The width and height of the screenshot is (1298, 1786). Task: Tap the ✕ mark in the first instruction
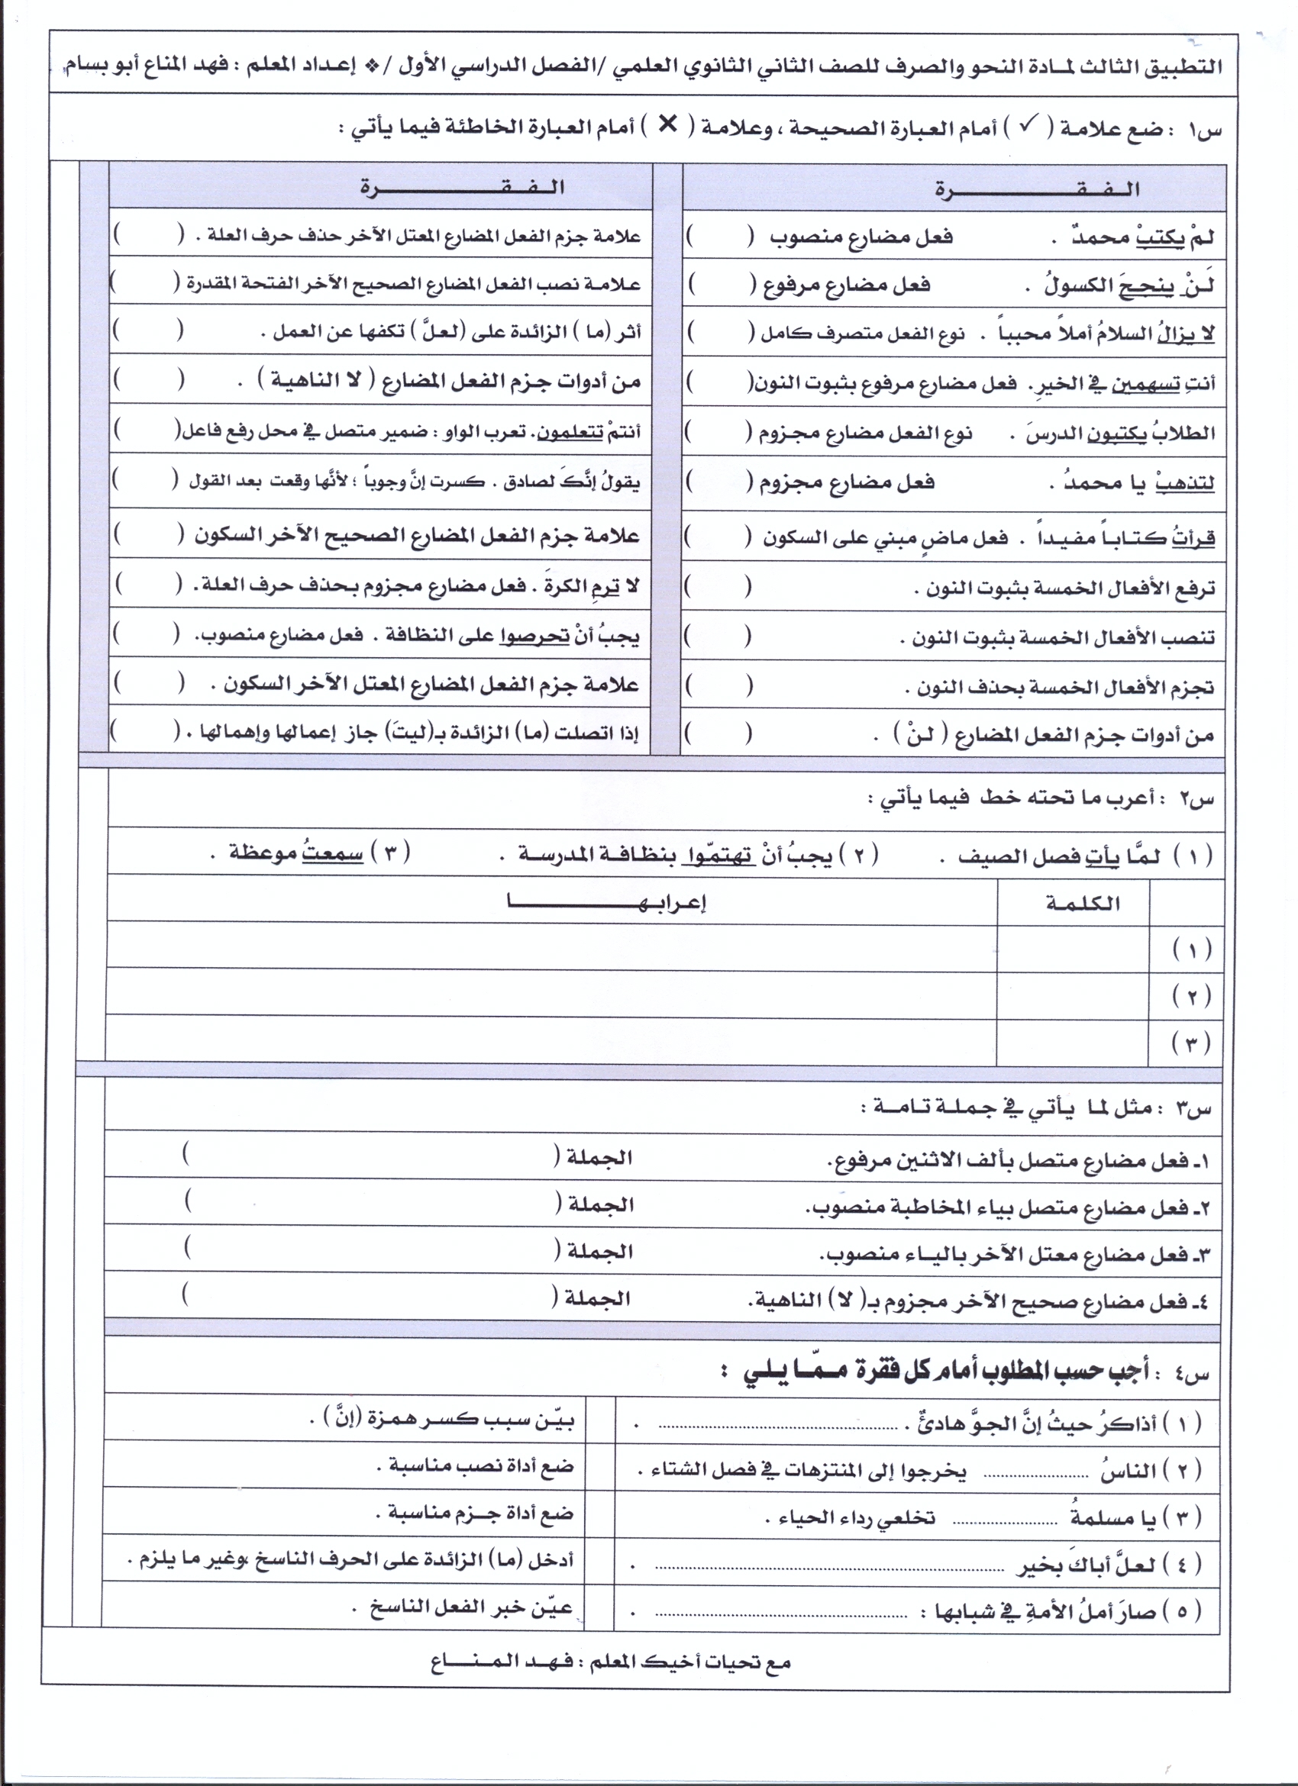(x=667, y=124)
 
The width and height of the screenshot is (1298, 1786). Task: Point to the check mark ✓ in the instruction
(x=1027, y=125)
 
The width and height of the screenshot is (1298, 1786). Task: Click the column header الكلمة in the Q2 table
(x=1083, y=903)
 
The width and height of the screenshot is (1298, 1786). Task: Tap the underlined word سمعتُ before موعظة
(x=331, y=853)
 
